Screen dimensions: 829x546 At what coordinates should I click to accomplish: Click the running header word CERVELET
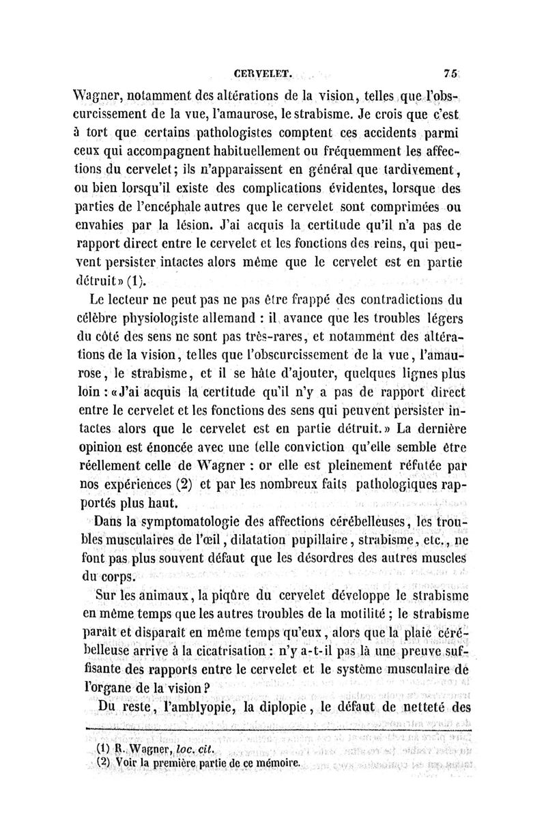pyautogui.click(x=263, y=70)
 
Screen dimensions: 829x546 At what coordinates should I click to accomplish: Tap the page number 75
pyautogui.click(x=450, y=70)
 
